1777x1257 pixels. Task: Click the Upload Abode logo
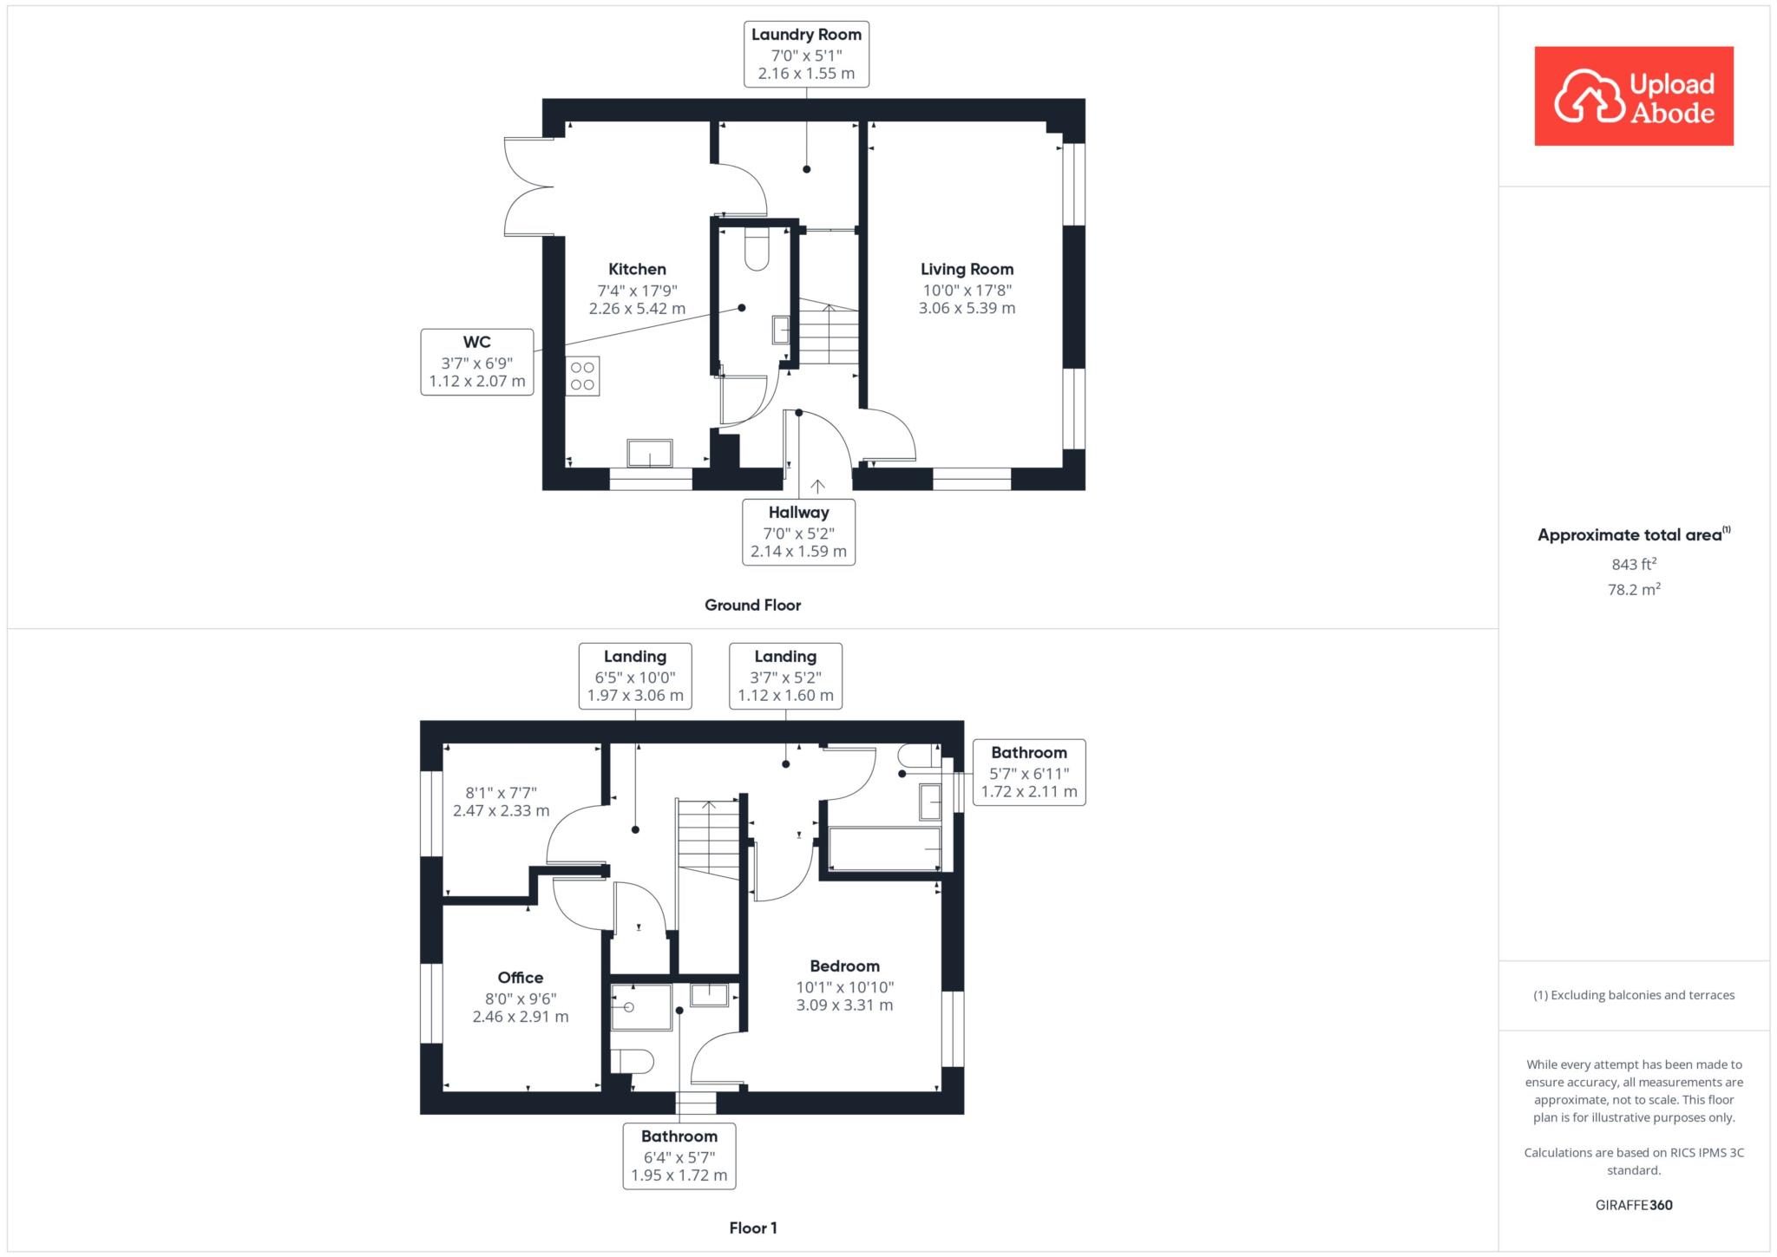pos(1634,95)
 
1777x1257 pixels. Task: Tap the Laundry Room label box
pos(806,55)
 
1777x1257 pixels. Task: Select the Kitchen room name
pos(637,269)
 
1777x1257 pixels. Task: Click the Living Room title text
pos(967,269)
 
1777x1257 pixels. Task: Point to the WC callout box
pos(477,362)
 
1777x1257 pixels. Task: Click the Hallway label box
pos(798,532)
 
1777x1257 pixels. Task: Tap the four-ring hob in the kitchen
pos(583,376)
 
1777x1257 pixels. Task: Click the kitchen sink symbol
pos(650,454)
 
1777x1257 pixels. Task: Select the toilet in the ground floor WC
pos(757,249)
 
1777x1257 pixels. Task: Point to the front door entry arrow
pos(817,486)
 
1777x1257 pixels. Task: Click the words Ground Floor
pos(752,606)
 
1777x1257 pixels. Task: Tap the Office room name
pos(521,978)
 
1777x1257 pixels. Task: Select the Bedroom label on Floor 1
pos(844,966)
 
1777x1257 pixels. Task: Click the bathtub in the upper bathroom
pos(885,848)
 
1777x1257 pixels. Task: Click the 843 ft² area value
pos(1634,564)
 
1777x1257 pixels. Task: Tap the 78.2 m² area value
pos(1634,589)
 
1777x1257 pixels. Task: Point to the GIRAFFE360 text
pos(1634,1205)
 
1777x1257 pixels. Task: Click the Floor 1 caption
pos(752,1228)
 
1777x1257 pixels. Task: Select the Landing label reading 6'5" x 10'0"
pos(635,676)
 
